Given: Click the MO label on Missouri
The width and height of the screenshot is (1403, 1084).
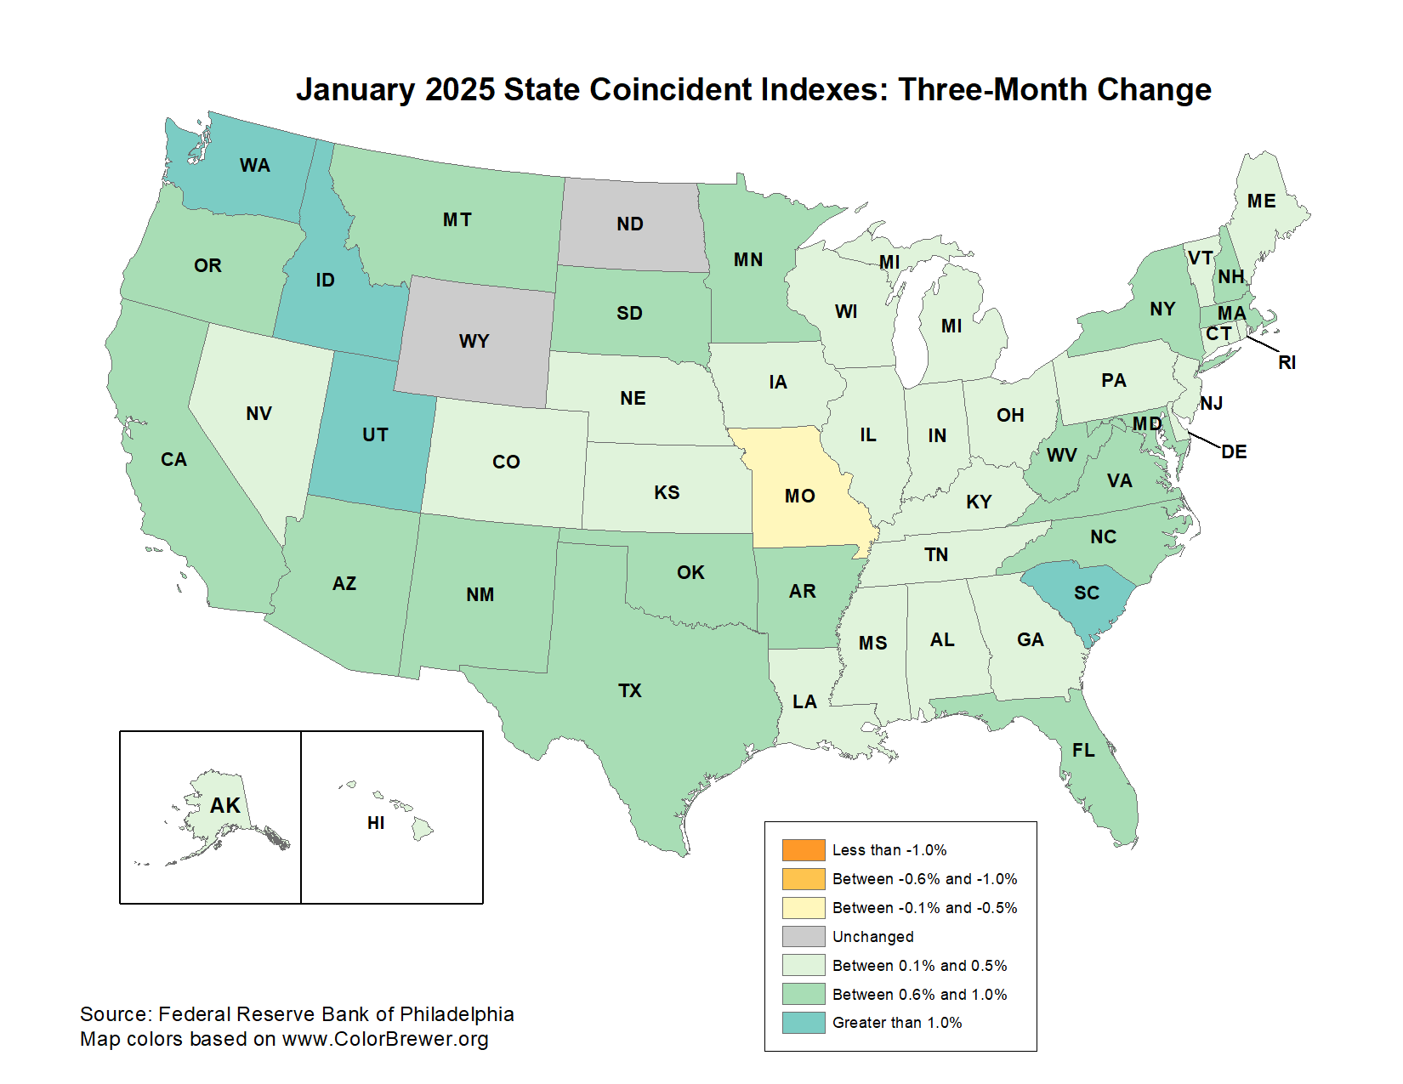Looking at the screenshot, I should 799,496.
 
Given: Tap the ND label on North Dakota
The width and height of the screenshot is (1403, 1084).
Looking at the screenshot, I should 629,224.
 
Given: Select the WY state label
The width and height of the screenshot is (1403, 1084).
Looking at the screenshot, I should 474,341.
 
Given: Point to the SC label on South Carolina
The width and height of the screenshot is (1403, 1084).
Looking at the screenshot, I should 1086,593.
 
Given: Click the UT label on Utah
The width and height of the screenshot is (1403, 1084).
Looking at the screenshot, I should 375,434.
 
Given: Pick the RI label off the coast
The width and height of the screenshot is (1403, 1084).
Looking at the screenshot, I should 1287,362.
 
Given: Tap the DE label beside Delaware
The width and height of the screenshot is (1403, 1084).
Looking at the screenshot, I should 1234,451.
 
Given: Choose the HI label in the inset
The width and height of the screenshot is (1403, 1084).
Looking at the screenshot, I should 376,822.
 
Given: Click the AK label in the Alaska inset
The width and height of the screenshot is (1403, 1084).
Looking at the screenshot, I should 225,805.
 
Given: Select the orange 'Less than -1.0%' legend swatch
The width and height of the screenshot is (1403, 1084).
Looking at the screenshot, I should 804,850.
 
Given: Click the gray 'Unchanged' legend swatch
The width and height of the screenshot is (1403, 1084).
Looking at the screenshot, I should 804,936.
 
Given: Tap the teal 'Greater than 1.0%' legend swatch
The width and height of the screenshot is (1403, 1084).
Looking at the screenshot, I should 804,1022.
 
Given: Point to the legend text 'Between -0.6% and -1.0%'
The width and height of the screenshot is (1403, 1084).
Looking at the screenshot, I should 924,879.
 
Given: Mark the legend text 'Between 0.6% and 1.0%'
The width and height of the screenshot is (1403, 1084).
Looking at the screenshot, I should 919,994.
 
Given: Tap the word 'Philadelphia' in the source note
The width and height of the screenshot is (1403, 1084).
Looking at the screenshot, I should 457,1013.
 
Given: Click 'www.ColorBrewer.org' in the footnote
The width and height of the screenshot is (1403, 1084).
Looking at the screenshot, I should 385,1038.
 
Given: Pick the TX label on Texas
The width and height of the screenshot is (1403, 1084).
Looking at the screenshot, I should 629,690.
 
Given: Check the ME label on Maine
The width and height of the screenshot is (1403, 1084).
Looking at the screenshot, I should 1261,201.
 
